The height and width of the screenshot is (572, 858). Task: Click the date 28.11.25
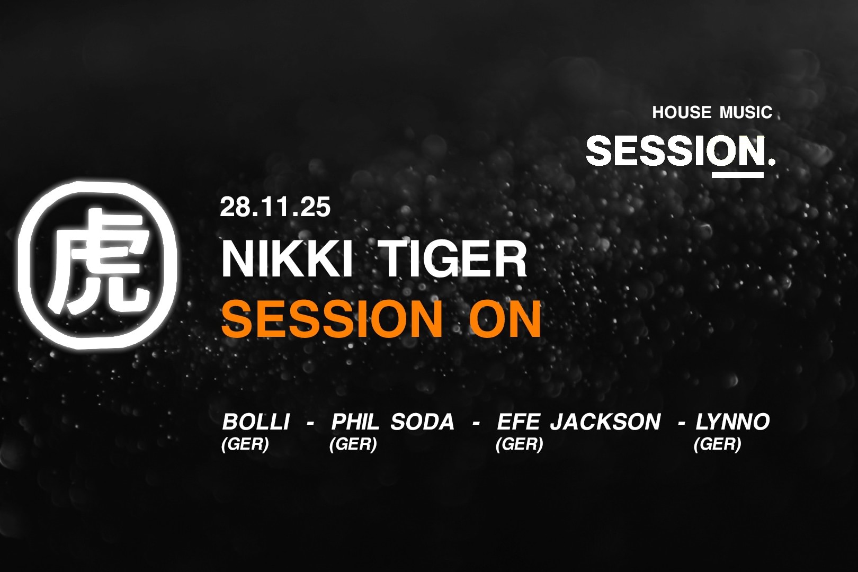click(275, 207)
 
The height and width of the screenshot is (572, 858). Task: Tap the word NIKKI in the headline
click(287, 259)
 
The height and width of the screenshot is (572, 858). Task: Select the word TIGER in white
click(454, 259)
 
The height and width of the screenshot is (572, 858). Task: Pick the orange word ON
click(505, 319)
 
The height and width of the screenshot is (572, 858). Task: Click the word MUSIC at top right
click(746, 112)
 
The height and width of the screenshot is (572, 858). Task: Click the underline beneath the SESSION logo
click(737, 175)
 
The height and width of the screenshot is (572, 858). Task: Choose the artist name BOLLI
click(256, 422)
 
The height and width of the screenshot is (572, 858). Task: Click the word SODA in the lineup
click(423, 422)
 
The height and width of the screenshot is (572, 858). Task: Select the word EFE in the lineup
click(518, 422)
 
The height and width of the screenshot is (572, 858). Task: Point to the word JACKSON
click(605, 422)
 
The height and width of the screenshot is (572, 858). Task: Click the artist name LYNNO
click(732, 422)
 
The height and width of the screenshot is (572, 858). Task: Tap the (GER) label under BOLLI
click(245, 444)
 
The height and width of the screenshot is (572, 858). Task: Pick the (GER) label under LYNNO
click(717, 444)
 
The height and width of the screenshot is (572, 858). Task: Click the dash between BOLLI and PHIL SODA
click(310, 424)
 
